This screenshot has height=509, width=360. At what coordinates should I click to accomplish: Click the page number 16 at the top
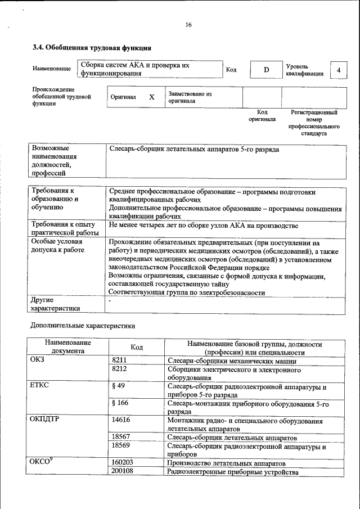[188, 25]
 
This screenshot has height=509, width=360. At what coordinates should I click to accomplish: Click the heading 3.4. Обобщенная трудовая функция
[92, 48]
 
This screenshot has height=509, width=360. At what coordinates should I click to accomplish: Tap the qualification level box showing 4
[338, 70]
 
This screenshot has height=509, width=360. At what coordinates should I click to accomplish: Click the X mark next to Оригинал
[151, 97]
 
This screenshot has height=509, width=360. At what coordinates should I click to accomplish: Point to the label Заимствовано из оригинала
[190, 97]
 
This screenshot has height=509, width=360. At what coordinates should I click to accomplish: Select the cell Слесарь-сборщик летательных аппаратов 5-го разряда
[193, 150]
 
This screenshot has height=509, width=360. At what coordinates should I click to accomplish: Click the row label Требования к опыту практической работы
[61, 229]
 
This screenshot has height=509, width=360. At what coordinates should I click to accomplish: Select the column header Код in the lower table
[137, 348]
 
